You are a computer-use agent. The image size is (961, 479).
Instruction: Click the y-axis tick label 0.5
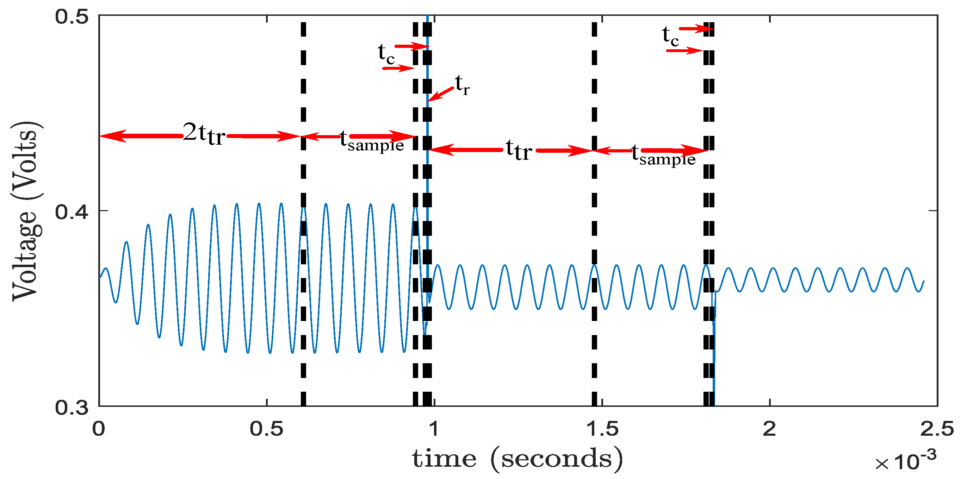72,17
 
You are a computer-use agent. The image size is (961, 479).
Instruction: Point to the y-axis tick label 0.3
72,407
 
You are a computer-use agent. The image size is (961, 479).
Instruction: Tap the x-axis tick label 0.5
266,429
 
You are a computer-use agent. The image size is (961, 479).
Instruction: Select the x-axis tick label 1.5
602,429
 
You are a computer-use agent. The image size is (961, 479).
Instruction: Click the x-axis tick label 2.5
937,429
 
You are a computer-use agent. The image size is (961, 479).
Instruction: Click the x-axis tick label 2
770,429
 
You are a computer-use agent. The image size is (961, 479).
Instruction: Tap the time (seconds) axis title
517,459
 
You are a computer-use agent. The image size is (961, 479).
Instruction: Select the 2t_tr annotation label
204,134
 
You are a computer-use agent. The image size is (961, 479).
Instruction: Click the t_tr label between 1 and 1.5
519,150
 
